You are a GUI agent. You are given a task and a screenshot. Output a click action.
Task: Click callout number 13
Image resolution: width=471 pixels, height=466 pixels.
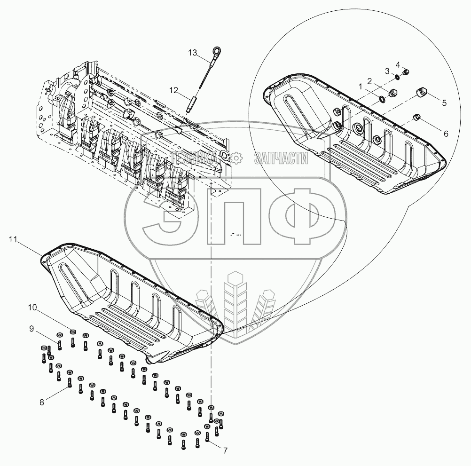click(193, 53)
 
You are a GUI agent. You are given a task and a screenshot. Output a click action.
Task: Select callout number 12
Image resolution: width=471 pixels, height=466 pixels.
click(173, 90)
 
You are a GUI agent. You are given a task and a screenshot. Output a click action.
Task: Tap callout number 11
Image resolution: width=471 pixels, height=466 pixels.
click(13, 239)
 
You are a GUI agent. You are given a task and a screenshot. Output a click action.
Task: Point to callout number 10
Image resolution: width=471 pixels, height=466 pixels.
click(32, 308)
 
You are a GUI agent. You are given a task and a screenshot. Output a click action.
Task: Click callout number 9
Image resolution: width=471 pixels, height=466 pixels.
click(31, 329)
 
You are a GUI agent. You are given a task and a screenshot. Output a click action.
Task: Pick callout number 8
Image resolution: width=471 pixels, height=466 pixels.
click(42, 402)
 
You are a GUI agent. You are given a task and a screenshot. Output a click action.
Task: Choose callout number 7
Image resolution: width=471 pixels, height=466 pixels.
click(225, 450)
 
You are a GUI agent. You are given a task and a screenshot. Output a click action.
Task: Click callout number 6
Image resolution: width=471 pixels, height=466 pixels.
click(446, 134)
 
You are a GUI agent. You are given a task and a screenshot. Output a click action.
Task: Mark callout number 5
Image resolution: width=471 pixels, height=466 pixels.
click(444, 103)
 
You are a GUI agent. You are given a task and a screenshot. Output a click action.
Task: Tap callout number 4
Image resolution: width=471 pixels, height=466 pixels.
click(398, 64)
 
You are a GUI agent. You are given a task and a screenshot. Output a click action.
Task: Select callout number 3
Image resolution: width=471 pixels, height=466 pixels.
click(387, 71)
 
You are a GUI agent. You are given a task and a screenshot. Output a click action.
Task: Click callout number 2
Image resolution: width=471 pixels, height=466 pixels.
click(369, 81)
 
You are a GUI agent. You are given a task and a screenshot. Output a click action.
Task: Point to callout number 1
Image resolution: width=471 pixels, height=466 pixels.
click(360, 87)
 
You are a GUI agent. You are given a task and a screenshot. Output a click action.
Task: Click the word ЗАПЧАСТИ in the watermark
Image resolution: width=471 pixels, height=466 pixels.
click(281, 158)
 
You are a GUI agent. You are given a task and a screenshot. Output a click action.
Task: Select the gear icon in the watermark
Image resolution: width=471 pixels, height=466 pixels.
click(237, 158)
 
